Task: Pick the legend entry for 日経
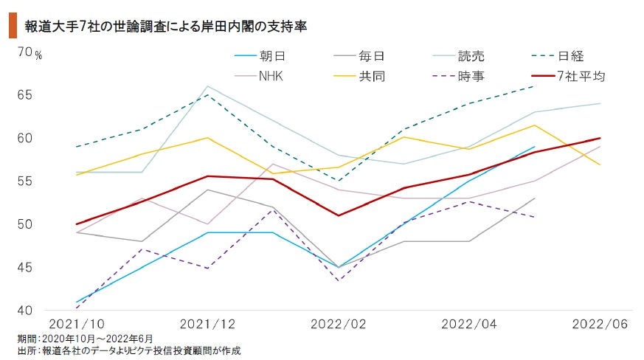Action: [x=570, y=56]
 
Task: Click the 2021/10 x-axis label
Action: [x=75, y=325]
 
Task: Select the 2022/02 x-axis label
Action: [x=338, y=325]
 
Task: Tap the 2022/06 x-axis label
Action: [x=599, y=325]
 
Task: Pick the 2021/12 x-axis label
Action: [x=207, y=325]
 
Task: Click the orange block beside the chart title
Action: [x=12, y=26]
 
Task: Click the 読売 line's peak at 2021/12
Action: [x=207, y=86]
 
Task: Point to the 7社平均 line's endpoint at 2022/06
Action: [x=600, y=138]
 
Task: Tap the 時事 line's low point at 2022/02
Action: [x=339, y=281]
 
